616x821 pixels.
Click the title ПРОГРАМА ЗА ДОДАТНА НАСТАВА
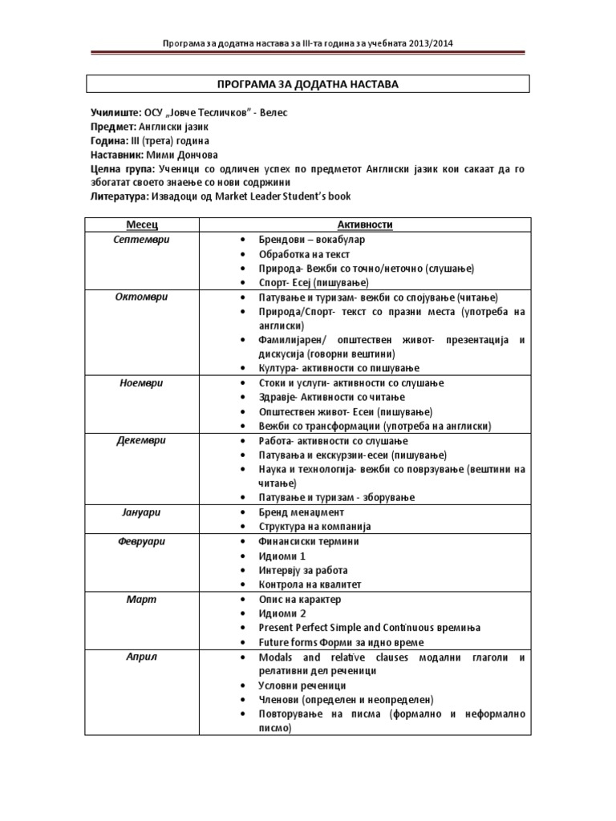(308, 84)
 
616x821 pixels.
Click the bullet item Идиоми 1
(282, 556)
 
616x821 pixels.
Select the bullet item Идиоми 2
(282, 613)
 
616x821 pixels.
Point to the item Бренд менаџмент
(301, 512)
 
